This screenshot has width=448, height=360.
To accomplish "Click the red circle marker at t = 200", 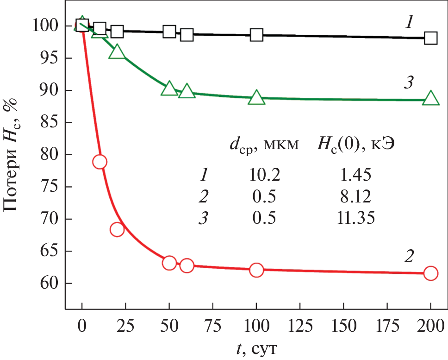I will (430, 273).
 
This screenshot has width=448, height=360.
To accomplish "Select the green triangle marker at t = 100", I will (256, 98).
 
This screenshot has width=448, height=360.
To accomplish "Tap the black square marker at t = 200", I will (430, 38).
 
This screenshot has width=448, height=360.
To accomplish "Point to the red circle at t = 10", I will (100, 161).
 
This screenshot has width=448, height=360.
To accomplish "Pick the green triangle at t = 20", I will (117, 52).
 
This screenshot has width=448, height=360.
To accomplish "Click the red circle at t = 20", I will (117, 229).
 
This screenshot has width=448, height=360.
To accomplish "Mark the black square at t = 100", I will (256, 34).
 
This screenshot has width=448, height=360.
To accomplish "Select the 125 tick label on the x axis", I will (299, 323).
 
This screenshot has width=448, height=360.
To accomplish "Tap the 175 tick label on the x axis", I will (387, 323).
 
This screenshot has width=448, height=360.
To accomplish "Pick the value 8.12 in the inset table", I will (355, 196).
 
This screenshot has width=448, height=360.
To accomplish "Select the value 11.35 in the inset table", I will (355, 218).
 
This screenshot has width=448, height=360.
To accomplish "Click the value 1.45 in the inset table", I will (355, 175).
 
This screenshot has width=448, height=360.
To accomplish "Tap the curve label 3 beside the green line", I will (409, 84).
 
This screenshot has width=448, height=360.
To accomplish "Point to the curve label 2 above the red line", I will (409, 256).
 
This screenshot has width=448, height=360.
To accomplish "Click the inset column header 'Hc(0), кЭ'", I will (359, 145).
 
